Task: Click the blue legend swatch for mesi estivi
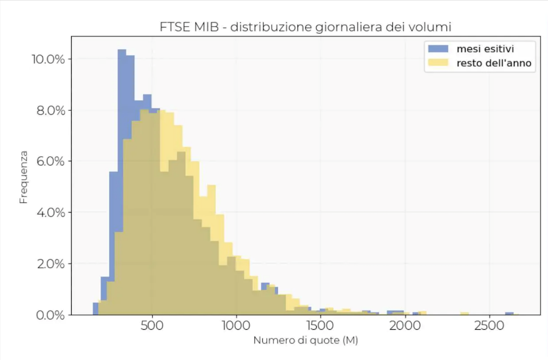pyautogui.click(x=438, y=49)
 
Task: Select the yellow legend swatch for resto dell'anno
pyautogui.click(x=438, y=63)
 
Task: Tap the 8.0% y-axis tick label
pyautogui.click(x=49, y=110)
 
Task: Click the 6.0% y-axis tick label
pyautogui.click(x=49, y=161)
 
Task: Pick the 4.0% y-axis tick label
pyautogui.click(x=49, y=213)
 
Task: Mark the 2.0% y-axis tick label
pyautogui.click(x=49, y=264)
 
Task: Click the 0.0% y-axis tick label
pyautogui.click(x=49, y=315)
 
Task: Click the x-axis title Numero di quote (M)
pyautogui.click(x=305, y=340)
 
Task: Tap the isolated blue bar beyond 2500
pyautogui.click(x=509, y=313)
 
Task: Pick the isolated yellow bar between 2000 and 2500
pyautogui.click(x=465, y=313)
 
